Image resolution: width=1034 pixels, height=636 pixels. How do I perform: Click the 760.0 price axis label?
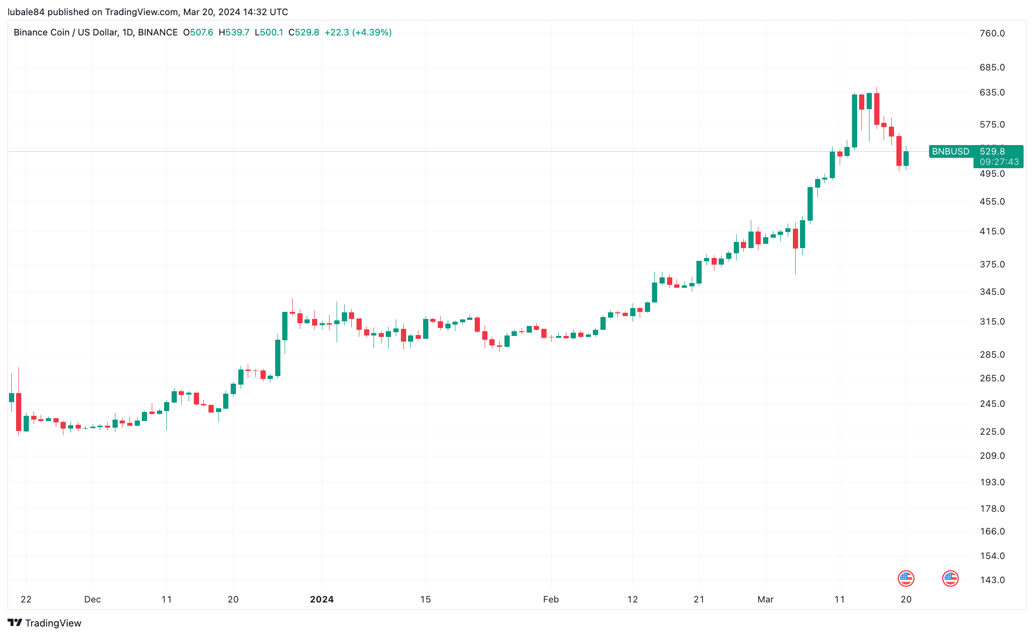992,33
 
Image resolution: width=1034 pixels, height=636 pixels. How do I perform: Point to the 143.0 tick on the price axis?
992,580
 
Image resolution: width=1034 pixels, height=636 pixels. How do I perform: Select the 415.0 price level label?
992,231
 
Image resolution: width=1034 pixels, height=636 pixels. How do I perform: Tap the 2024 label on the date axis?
321,599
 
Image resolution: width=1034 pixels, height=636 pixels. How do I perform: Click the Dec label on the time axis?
92,599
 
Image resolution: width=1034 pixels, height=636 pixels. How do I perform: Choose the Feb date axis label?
551,599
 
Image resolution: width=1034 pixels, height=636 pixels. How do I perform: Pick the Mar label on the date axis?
765,599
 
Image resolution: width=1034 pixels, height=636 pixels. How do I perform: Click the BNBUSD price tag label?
950,151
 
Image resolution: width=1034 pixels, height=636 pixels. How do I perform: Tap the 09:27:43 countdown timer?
999,162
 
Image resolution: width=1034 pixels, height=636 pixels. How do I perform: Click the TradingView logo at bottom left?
44,623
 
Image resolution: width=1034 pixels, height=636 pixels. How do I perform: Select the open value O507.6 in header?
198,32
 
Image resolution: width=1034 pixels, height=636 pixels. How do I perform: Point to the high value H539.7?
234,32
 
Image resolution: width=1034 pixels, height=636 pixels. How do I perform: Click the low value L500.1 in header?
269,32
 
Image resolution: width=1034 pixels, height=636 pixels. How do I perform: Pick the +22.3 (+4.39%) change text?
358,32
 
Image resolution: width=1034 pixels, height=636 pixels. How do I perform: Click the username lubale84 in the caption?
26,12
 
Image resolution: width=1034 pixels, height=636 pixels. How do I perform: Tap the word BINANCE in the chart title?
158,32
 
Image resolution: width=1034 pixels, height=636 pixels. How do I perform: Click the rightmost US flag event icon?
950,578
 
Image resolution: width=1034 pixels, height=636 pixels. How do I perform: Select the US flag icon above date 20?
906,578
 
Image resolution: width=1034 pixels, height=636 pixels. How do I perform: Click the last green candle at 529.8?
906,158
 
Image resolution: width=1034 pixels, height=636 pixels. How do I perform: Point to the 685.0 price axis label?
992,67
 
